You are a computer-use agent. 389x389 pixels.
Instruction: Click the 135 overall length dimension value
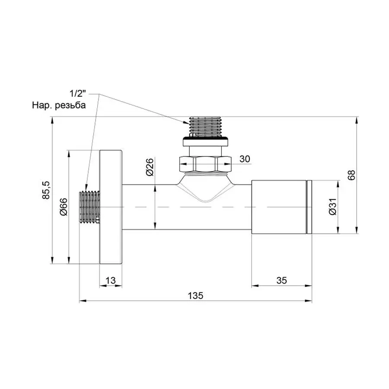(x=195, y=296)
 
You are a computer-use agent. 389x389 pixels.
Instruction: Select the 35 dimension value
(x=281, y=280)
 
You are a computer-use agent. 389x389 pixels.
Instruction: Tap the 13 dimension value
(x=111, y=280)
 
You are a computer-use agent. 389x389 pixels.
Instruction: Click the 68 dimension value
(x=351, y=175)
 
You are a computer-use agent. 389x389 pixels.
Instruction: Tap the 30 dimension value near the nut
(x=245, y=159)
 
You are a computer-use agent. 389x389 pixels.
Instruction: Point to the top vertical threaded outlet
(x=205, y=126)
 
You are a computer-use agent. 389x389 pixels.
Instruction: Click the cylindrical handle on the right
(x=279, y=207)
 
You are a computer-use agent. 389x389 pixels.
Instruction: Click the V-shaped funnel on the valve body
(x=205, y=190)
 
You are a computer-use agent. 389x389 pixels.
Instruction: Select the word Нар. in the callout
(x=41, y=105)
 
